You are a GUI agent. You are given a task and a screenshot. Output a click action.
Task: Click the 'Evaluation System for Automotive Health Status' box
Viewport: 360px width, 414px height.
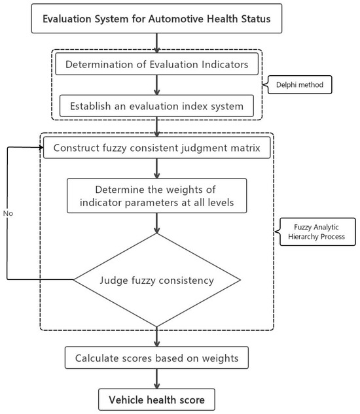point(156,18)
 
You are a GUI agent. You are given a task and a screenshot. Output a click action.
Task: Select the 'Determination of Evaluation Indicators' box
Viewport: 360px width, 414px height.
point(156,64)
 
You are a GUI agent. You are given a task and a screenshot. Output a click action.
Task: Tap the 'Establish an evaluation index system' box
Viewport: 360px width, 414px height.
point(156,106)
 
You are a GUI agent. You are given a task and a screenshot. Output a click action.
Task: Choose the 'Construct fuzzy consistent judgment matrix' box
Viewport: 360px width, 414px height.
point(156,148)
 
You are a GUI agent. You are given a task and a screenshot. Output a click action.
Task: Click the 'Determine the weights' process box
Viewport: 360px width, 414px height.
point(156,196)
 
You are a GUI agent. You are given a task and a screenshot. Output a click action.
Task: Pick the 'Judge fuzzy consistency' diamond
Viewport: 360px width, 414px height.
point(156,280)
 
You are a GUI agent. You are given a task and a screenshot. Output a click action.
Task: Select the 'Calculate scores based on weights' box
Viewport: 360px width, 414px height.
point(156,358)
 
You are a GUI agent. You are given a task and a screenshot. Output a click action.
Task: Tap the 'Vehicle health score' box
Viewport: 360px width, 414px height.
point(156,400)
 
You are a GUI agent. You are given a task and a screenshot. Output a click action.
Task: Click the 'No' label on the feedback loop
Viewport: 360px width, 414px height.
point(8,213)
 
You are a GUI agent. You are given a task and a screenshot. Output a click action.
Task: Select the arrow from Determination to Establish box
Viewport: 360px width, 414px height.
point(156,85)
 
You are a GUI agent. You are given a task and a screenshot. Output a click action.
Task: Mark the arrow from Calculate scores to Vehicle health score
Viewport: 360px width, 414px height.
point(156,379)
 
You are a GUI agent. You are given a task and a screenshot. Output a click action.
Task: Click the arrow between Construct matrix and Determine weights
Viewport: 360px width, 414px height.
point(156,169)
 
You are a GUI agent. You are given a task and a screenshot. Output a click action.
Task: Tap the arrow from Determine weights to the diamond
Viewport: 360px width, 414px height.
point(156,224)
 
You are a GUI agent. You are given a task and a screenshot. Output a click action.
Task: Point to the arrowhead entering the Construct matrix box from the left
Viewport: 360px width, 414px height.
point(41,147)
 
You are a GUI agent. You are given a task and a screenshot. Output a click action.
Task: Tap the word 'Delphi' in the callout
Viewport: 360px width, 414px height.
point(284,85)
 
